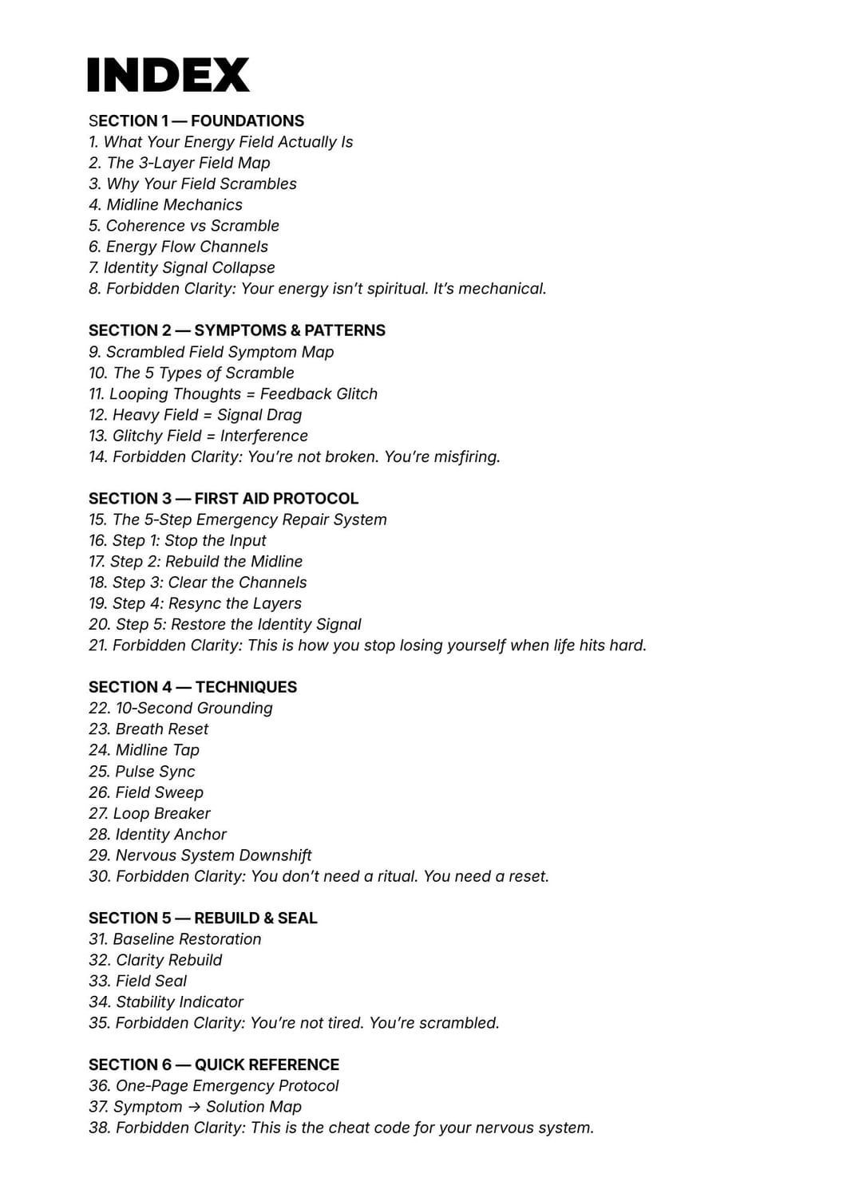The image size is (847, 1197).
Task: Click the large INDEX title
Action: tap(168, 75)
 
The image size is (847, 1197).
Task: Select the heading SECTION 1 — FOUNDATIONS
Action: tap(196, 121)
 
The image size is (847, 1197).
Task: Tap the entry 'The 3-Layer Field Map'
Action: tap(180, 163)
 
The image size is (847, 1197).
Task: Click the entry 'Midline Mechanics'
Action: tap(165, 205)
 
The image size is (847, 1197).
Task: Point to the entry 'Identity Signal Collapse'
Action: tap(182, 268)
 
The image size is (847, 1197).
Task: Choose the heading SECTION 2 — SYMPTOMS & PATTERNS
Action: tap(237, 330)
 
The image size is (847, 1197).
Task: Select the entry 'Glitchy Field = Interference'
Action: tap(198, 436)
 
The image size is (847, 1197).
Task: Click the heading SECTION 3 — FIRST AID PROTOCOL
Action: tap(224, 499)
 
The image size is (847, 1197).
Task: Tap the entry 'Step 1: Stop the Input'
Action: tap(177, 541)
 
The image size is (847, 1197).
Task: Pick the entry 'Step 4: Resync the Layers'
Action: tap(195, 604)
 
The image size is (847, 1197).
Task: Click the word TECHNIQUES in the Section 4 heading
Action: tap(246, 687)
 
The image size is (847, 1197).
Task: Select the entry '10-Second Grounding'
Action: tap(180, 709)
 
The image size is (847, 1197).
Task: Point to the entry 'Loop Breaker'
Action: tap(150, 814)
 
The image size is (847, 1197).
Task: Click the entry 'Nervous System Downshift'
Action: tap(200, 855)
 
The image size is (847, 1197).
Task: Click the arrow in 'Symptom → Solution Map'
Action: tap(194, 1108)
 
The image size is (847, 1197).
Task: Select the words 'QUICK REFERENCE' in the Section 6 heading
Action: tap(267, 1065)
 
